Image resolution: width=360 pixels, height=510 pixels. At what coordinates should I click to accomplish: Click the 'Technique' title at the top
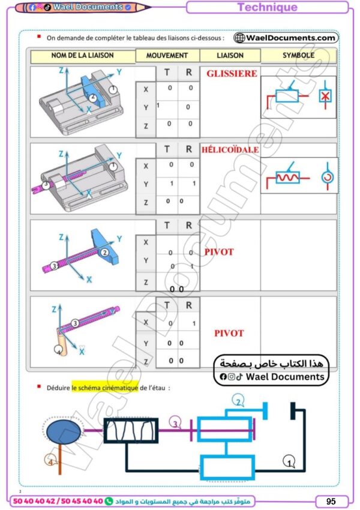point(267,8)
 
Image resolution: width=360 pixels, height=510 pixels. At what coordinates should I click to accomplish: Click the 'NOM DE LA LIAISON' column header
point(82,55)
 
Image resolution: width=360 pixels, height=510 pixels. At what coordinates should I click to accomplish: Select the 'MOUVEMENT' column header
point(167,55)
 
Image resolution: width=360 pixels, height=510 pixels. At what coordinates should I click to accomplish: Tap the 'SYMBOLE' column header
point(298,55)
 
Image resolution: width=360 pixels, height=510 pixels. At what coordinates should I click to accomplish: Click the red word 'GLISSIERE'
point(232,74)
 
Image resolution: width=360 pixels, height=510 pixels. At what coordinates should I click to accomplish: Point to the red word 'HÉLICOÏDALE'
point(230,149)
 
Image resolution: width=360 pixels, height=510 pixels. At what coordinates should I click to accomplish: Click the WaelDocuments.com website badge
point(286,38)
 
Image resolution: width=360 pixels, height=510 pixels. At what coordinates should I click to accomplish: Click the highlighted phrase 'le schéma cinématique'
point(105,387)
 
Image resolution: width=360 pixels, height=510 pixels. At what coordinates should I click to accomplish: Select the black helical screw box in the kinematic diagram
point(131,430)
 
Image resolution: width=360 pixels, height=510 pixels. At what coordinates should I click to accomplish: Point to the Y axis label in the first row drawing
point(119,71)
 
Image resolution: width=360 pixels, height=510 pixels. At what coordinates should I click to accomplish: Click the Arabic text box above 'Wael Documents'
point(271,363)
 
